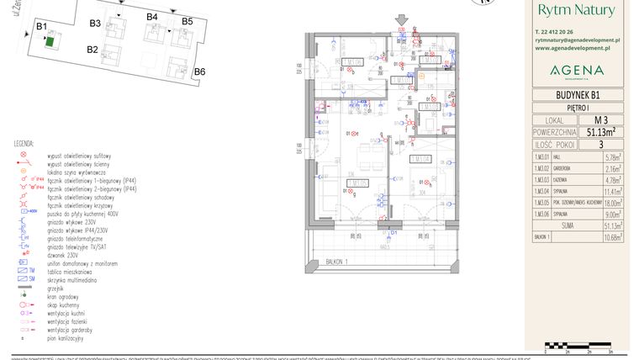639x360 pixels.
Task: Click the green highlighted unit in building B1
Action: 50,40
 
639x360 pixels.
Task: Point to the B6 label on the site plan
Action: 199,72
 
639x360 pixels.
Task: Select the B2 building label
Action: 92,50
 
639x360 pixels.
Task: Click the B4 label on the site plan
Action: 152,17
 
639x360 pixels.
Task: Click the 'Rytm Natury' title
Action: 576,10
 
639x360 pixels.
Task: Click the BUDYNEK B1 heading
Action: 577,95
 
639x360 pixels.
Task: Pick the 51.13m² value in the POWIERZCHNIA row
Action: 600,132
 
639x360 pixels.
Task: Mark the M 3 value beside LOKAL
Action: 600,120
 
